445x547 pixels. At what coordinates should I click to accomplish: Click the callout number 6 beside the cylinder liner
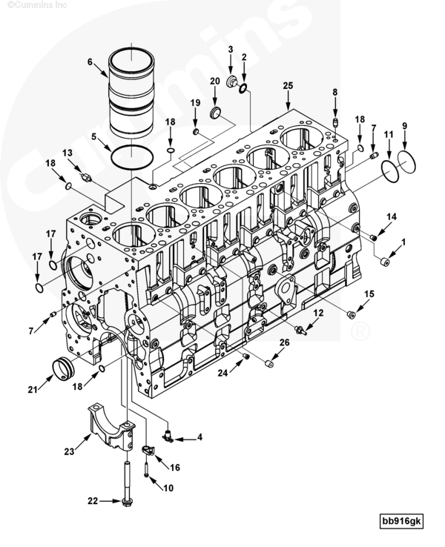point(90,62)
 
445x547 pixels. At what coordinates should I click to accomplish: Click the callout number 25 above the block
point(288,86)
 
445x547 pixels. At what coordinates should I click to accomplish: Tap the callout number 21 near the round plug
point(32,389)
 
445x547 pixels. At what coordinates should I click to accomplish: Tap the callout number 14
point(392,216)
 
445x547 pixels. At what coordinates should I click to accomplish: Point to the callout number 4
point(200,437)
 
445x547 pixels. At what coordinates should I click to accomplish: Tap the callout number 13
point(67,153)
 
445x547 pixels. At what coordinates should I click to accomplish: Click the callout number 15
point(369,294)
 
